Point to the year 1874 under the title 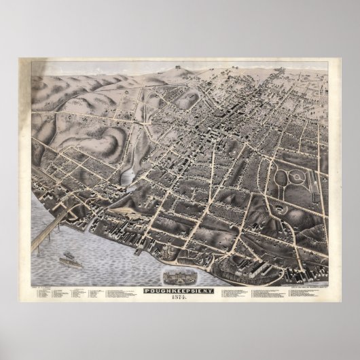[179, 280]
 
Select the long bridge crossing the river [51, 227]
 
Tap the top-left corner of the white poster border [20, 59]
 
